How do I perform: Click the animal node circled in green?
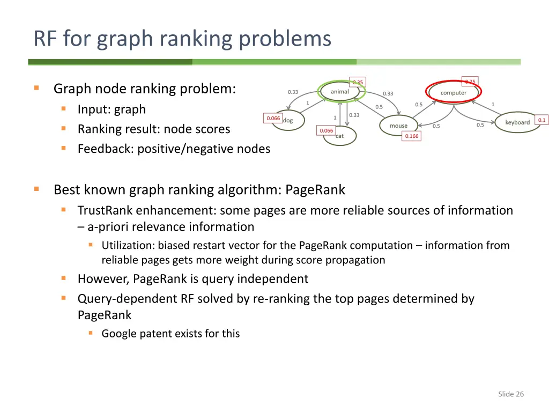click(340, 92)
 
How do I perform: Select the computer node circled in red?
click(454, 93)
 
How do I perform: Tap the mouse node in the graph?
click(398, 126)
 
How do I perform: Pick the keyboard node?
click(517, 122)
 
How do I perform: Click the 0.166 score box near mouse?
click(412, 136)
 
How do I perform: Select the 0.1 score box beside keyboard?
click(541, 120)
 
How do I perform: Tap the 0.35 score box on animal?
click(358, 82)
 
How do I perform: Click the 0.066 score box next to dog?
click(273, 118)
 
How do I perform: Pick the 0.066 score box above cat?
click(326, 130)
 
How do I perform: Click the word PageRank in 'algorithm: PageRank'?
click(315, 190)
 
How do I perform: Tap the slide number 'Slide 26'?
click(510, 394)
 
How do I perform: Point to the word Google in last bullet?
click(119, 334)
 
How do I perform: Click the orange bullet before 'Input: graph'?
click(63, 109)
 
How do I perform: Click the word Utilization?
click(128, 246)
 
